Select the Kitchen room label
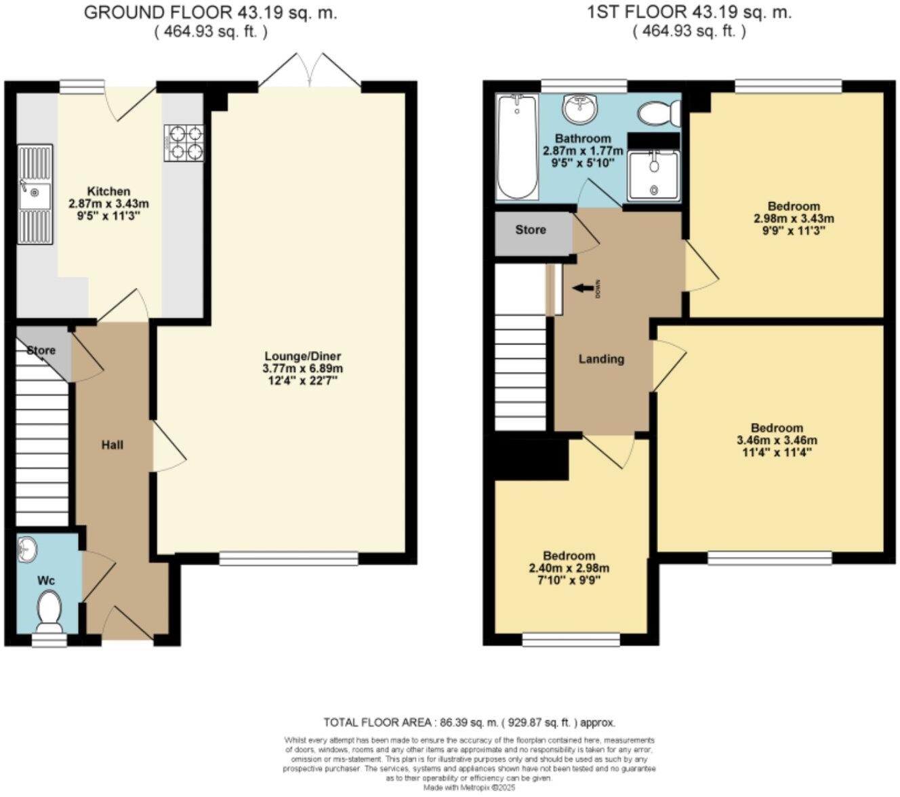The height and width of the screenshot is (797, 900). coord(108,191)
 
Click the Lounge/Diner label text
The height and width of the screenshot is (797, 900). coord(302,356)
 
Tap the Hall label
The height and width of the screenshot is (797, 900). coord(112,445)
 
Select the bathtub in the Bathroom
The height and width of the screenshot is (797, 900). coord(517,147)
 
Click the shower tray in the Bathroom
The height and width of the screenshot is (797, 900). coord(653,176)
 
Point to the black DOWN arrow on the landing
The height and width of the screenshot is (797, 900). coord(581,289)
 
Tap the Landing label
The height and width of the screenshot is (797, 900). coord(601,359)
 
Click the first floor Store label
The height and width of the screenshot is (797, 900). coord(531,230)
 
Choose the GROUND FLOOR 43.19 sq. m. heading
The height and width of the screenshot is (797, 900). coord(210,13)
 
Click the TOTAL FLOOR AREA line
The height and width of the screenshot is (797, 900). coord(469,722)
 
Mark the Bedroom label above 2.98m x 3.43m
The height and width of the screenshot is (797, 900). coord(794,206)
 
